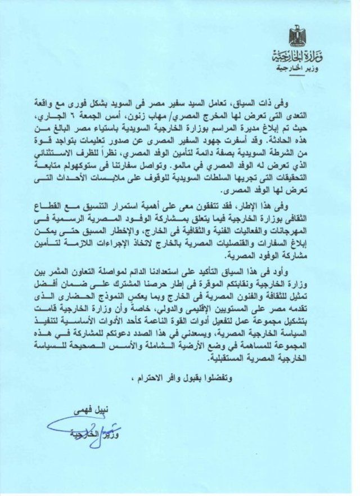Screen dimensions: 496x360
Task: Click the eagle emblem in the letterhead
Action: [296, 37]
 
